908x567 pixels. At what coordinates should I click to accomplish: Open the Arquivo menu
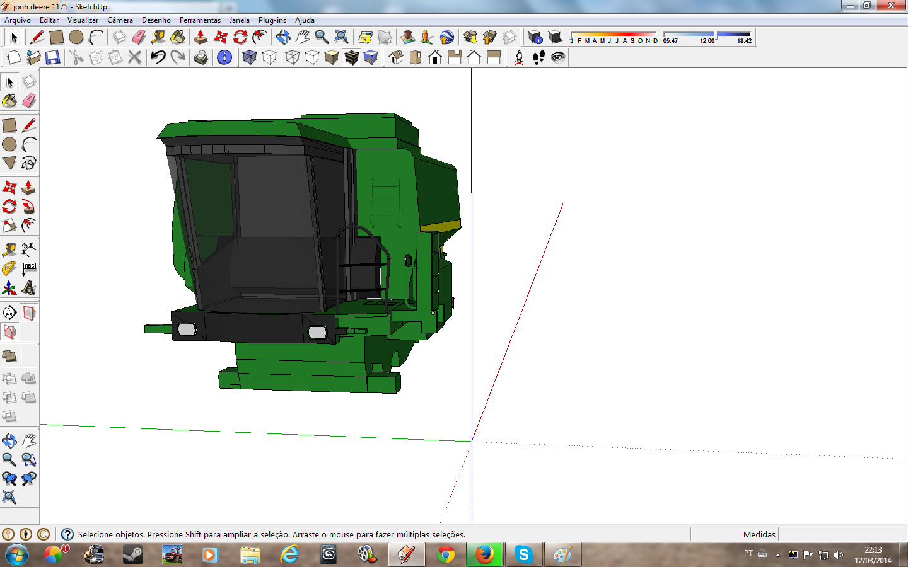[18, 20]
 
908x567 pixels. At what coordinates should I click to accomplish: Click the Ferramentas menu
[200, 20]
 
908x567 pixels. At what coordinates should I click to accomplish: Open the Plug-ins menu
[272, 20]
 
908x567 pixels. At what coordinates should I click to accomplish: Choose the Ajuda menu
[305, 20]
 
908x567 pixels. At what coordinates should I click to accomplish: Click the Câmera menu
[120, 20]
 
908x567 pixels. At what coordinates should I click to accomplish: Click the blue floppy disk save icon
[53, 57]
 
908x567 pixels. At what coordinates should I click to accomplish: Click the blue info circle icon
[224, 57]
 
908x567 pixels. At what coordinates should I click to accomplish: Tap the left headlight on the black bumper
[187, 329]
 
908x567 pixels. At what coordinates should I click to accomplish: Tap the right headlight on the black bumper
[317, 333]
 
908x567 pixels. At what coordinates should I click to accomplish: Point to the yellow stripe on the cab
[441, 226]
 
